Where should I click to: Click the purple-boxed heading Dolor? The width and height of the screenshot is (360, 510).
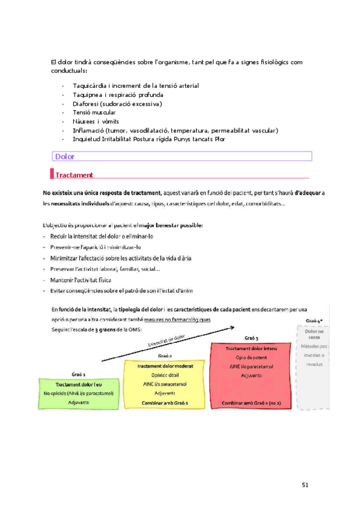tap(64, 157)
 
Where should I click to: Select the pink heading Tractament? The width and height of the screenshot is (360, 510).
tap(74, 175)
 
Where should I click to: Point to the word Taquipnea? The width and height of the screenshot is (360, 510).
tap(88, 95)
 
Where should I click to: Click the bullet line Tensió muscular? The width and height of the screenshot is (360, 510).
tap(94, 112)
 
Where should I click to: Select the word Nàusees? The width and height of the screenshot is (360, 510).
tap(84, 121)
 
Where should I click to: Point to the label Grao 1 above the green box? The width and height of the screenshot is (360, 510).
tap(78, 373)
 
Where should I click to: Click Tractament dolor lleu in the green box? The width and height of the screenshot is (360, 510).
tap(78, 385)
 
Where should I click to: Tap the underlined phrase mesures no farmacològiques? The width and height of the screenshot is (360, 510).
tap(180, 320)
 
